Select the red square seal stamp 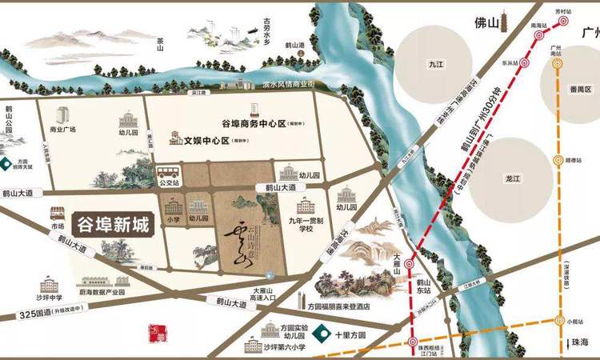pos(154,330)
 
